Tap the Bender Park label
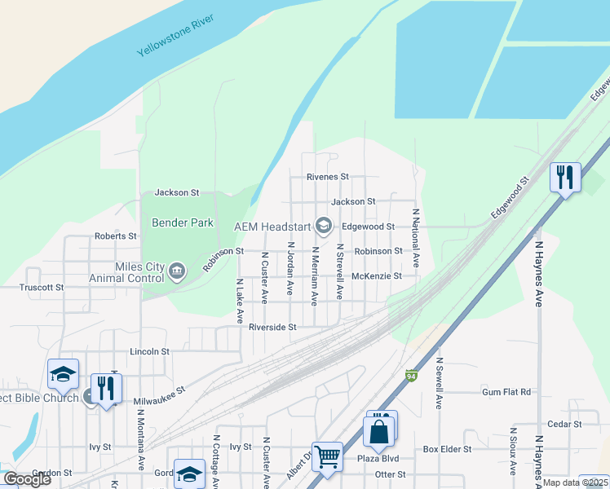point(183,222)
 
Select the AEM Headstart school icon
point(324,225)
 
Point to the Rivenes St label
point(327,176)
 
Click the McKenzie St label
point(377,276)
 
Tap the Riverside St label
point(272,327)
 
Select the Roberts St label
point(116,236)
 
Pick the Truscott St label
point(42,287)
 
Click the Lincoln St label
point(149,351)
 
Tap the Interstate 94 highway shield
point(412,376)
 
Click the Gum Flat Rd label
point(506,392)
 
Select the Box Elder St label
point(447,449)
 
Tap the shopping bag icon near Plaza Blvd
point(380,430)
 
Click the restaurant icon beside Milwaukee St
point(106,388)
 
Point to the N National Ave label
point(415,238)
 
